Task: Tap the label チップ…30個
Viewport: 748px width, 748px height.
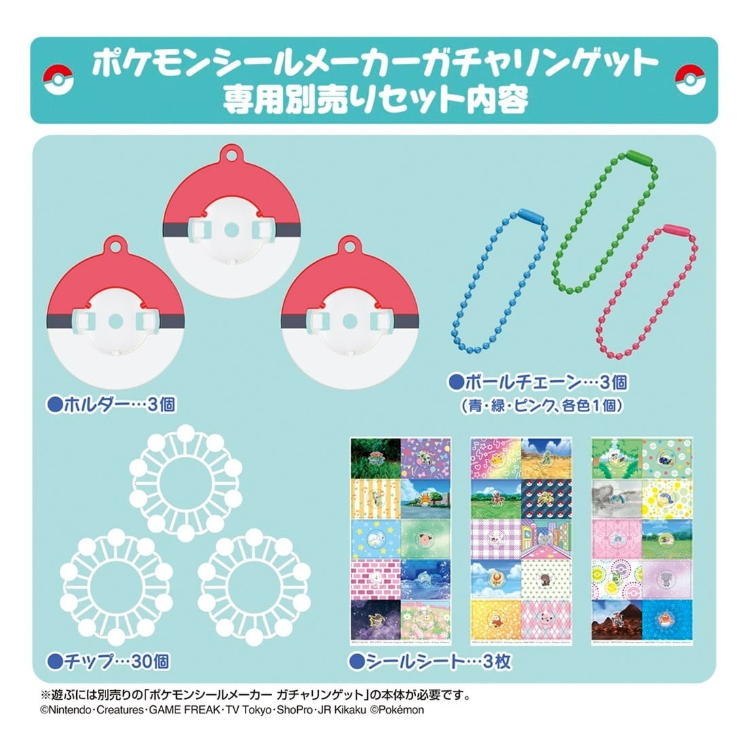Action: (108, 660)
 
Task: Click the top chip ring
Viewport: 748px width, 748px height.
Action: (186, 479)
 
